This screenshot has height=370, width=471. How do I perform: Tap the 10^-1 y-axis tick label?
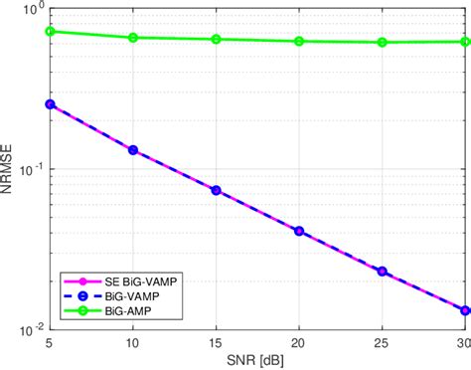(x=29, y=169)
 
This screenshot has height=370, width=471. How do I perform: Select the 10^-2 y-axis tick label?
(x=29, y=328)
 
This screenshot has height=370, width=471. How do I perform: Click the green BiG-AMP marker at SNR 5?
(x=50, y=31)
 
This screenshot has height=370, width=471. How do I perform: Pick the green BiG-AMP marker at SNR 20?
(x=299, y=41)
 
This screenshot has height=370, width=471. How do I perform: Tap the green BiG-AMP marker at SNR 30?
(x=465, y=42)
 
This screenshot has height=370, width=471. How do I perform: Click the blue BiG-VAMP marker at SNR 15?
(x=217, y=190)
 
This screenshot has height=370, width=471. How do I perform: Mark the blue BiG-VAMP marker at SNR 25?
(x=383, y=271)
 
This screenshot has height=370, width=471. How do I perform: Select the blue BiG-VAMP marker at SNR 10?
(x=133, y=150)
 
